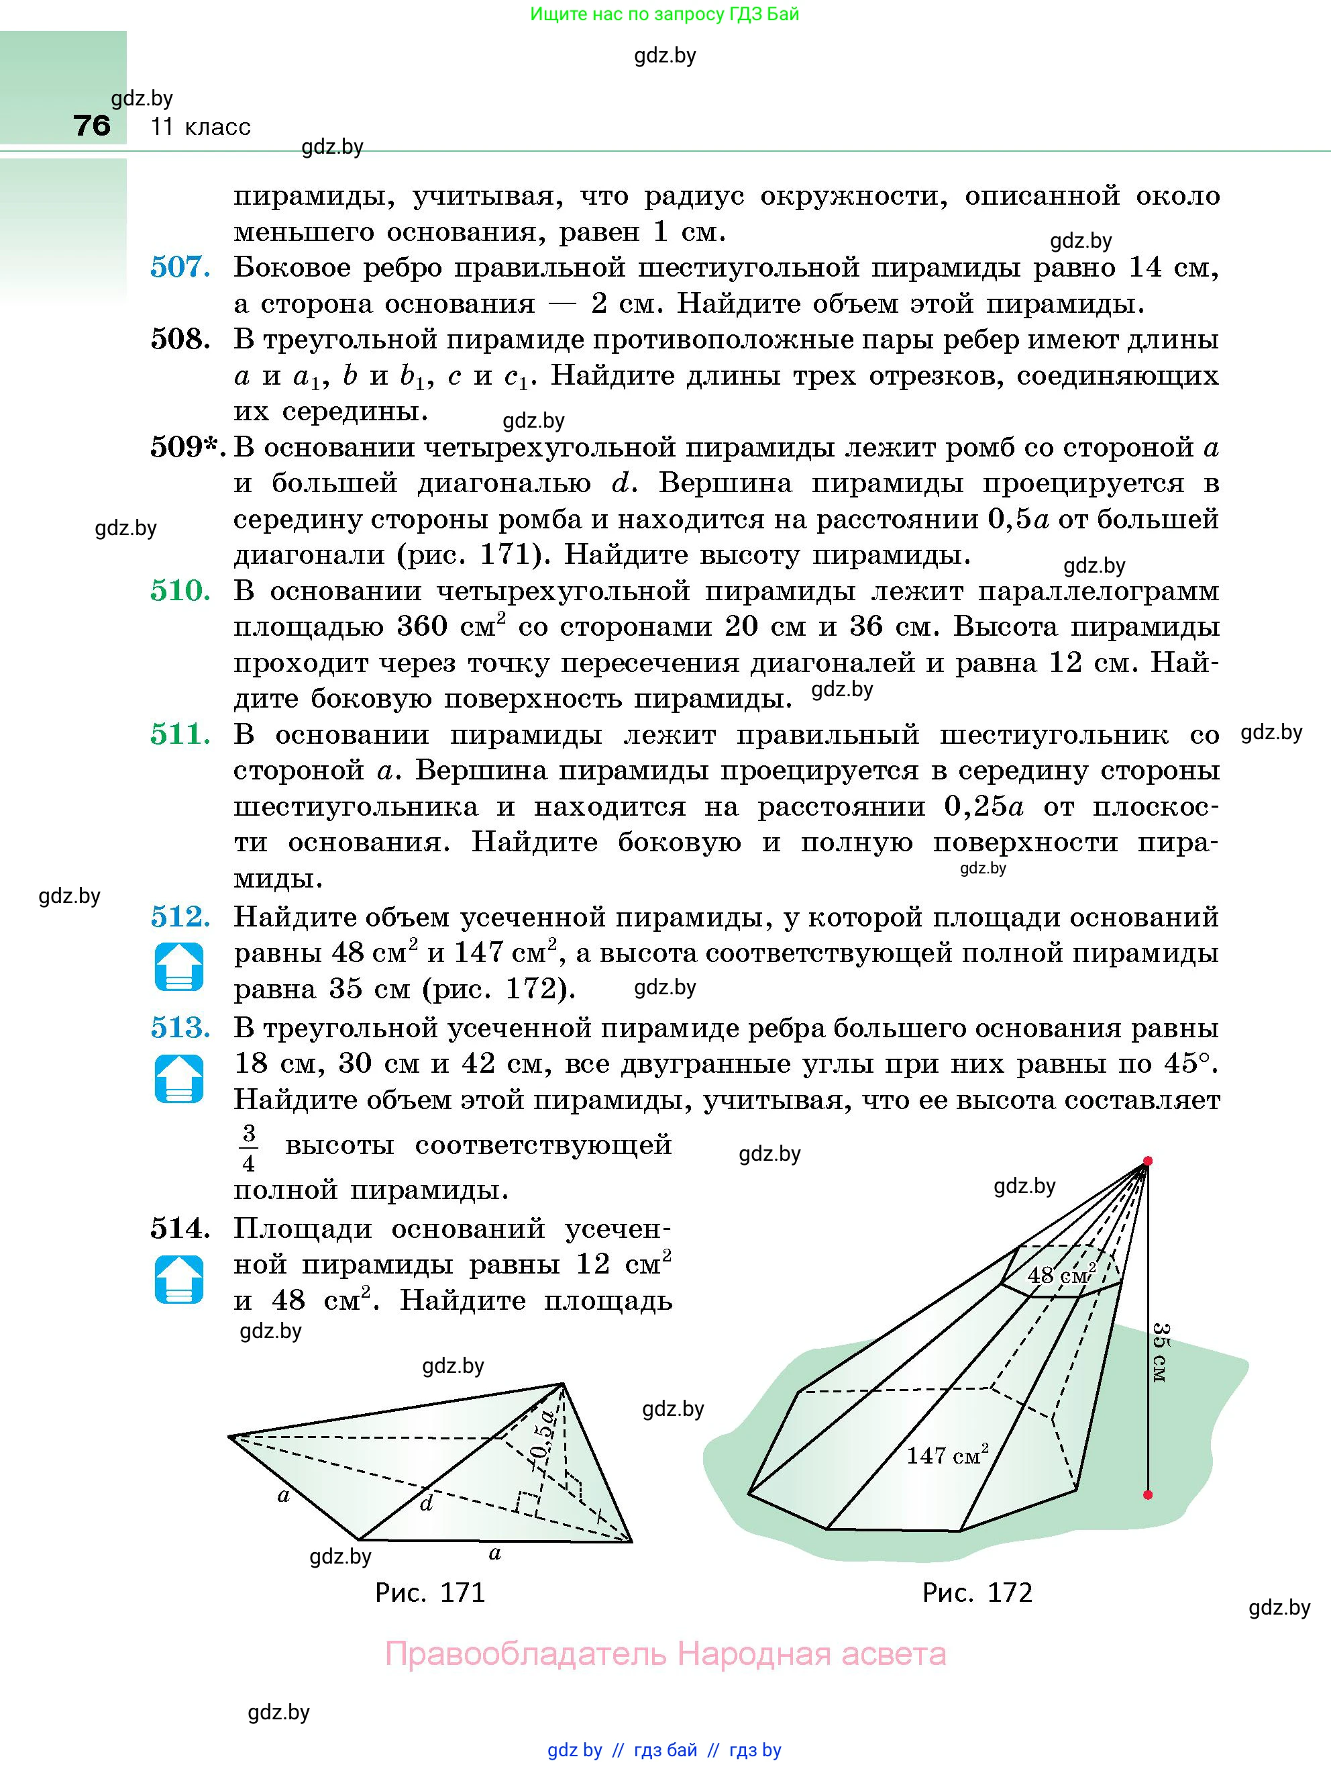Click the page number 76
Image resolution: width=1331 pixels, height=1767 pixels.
pos(92,126)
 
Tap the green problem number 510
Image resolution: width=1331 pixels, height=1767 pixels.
pos(180,591)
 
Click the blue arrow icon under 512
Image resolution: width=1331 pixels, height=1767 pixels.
pos(179,967)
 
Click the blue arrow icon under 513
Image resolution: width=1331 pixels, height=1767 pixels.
pos(179,1078)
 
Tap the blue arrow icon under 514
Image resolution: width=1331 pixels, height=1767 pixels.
pos(179,1279)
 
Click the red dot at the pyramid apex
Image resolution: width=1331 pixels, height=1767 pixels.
pos(1147,1161)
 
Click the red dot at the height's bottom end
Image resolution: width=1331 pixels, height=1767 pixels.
pos(1147,1494)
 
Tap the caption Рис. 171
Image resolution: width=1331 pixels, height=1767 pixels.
pos(430,1593)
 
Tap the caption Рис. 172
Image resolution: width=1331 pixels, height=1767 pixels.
pos(977,1593)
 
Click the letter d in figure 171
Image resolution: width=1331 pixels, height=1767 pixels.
pos(427,1503)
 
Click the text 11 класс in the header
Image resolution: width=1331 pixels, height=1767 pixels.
pos(201,126)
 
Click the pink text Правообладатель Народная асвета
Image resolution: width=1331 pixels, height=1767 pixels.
pos(665,1654)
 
